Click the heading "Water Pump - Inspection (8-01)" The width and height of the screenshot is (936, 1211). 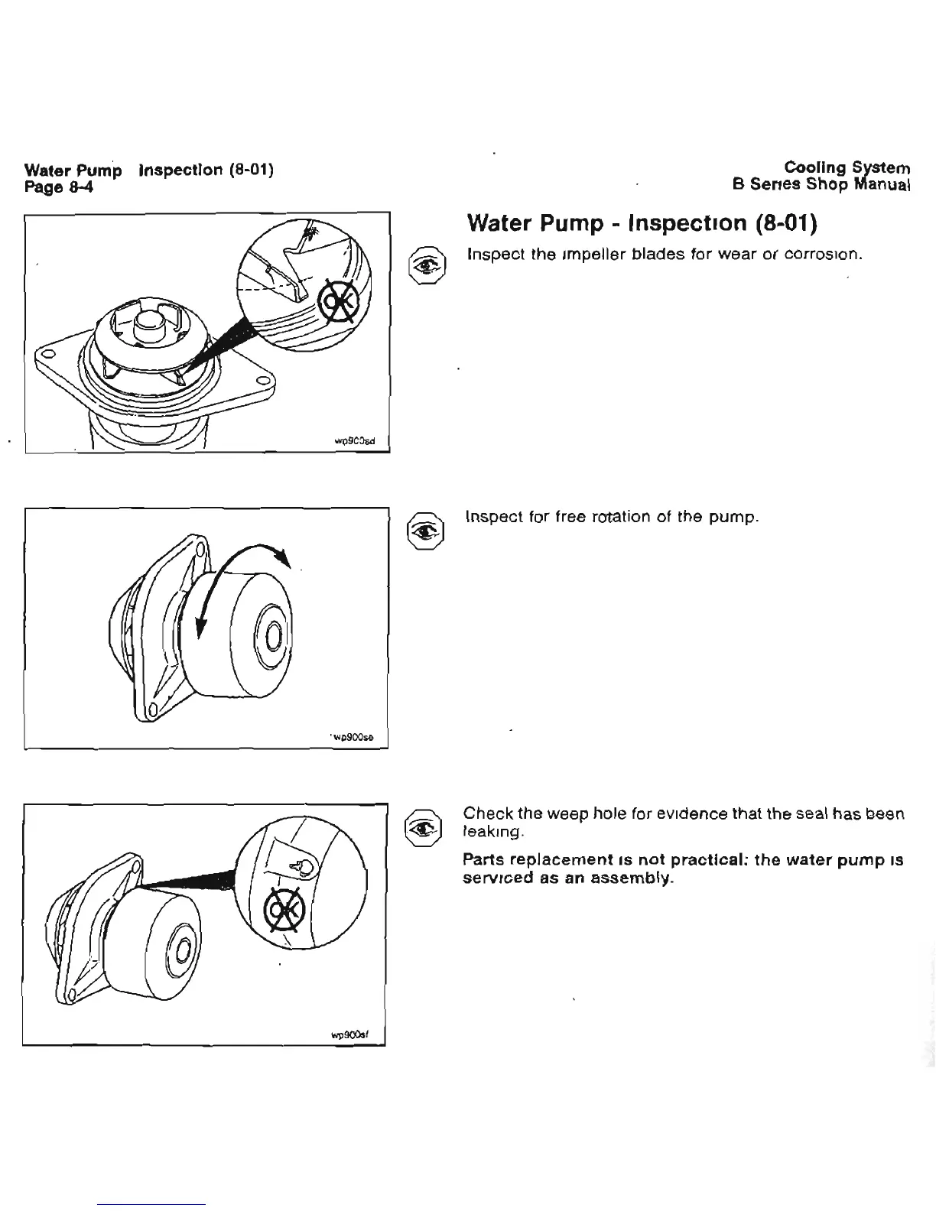(642, 223)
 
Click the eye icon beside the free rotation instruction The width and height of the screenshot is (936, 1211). (426, 528)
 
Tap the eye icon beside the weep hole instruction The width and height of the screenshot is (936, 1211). (424, 826)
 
